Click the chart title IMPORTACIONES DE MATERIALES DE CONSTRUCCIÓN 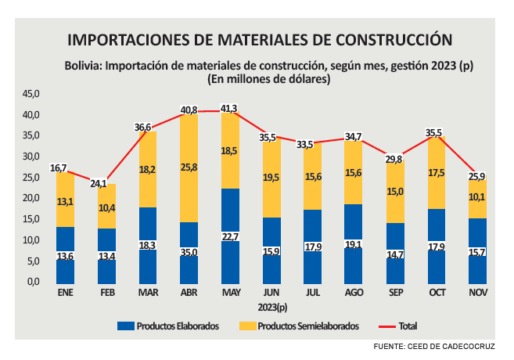pos(260,39)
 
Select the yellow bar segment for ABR pos(189,168)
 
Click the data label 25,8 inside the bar pos(189,167)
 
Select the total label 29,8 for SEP pos(394,159)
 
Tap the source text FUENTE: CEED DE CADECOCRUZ pos(440,346)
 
